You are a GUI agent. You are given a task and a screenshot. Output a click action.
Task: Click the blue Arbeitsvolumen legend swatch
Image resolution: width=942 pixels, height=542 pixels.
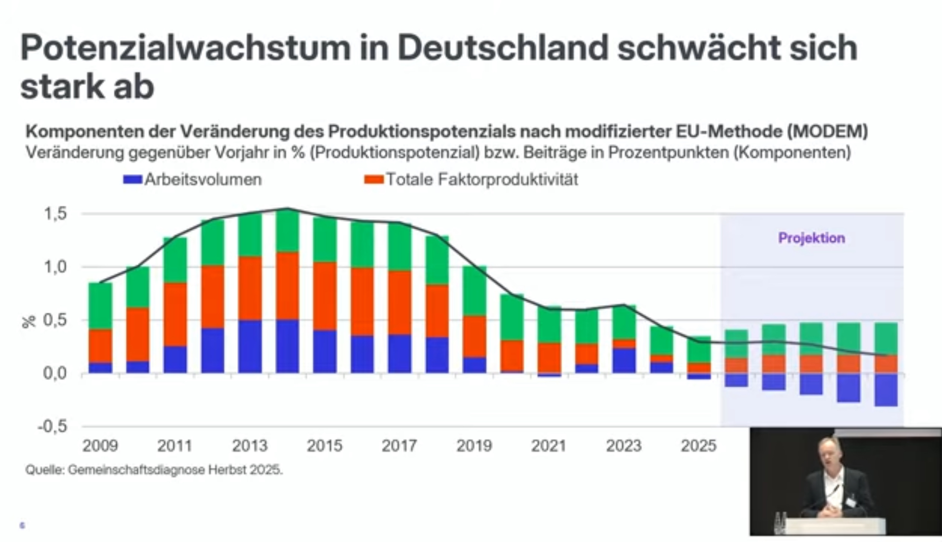coord(133,180)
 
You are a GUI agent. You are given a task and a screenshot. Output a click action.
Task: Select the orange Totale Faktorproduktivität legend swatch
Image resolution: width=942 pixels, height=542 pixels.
coord(374,180)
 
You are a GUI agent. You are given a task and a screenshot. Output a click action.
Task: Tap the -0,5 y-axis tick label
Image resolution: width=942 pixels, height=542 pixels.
coord(53,426)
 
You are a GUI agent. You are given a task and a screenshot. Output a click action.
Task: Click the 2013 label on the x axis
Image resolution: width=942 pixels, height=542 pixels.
coord(250,446)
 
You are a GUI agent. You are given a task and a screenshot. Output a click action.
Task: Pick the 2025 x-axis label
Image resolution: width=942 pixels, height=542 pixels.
coord(698,446)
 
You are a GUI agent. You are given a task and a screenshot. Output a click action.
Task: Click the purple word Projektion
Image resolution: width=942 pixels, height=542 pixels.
coord(811,238)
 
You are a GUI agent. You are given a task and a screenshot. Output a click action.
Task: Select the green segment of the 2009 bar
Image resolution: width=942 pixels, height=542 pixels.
coord(100,306)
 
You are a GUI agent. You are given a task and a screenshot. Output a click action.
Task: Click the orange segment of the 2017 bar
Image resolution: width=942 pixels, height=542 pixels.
coord(400,303)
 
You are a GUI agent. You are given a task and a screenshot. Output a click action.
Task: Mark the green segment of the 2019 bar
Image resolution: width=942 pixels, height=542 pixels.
coord(474,291)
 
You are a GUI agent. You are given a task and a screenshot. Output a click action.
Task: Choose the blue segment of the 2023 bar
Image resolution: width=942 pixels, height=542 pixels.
coord(624,360)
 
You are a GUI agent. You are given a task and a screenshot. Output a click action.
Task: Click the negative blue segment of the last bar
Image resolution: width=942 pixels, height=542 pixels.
coord(886,390)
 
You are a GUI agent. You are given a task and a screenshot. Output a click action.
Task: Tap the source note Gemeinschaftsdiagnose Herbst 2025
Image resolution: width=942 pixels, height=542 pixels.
coord(154,470)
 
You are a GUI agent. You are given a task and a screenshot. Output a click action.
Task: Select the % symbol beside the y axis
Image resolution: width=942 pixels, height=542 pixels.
coord(29,321)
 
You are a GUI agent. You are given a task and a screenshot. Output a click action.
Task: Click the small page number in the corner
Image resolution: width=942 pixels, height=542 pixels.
coord(22,525)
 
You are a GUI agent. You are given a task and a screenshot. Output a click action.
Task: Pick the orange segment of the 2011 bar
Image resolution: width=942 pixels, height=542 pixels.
coord(175,314)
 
